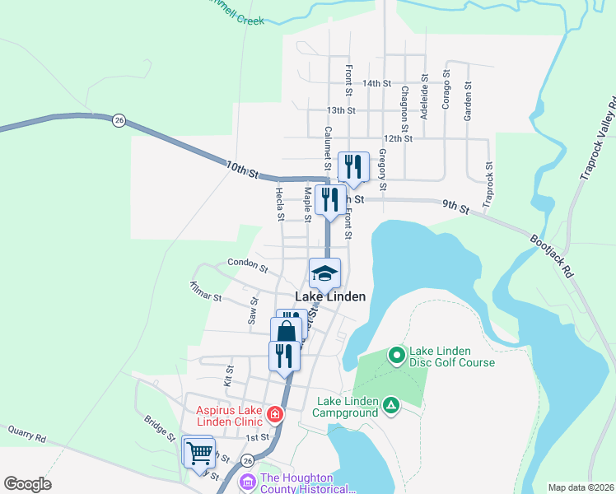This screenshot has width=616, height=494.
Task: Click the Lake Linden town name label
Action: pos(330,296)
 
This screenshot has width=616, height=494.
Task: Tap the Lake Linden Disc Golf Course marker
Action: pos(396,355)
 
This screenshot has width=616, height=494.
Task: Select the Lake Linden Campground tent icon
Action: pos(391,405)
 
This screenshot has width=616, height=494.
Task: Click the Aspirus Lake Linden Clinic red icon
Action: pos(274,414)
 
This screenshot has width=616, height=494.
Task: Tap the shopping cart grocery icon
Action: pos(198,452)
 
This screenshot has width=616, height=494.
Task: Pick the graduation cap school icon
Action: pos(324,273)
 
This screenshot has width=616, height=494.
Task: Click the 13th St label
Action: pos(341,110)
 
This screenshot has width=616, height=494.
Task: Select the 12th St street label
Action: pos(397,138)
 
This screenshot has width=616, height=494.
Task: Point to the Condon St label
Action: pos(248,268)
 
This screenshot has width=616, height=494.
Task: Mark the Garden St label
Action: pos(467,101)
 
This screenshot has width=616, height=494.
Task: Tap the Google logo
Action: pos(27,484)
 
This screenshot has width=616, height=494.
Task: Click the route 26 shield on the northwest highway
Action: pos(119,120)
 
